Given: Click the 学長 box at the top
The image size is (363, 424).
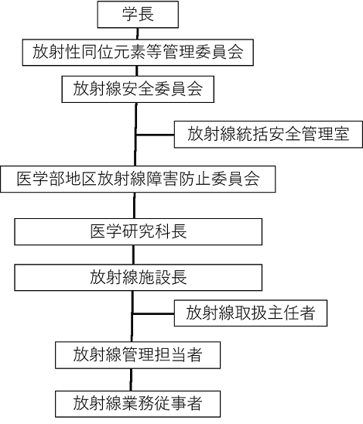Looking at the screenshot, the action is click(x=138, y=15).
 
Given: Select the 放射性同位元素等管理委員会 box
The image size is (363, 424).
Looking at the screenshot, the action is click(x=138, y=52).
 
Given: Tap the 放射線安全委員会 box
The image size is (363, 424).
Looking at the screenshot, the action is click(x=138, y=89).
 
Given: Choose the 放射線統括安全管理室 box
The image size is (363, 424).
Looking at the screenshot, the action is click(x=269, y=135).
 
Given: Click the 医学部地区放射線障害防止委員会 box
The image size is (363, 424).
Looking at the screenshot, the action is click(x=138, y=180).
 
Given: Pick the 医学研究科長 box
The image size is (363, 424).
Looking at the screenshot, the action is click(x=139, y=232).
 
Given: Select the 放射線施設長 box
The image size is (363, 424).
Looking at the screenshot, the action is click(x=139, y=278).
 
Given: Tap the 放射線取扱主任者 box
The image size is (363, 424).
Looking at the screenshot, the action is click(x=251, y=313).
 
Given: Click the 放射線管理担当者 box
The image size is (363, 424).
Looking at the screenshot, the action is click(x=138, y=355).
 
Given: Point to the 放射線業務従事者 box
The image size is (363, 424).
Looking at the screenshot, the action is click(x=138, y=404).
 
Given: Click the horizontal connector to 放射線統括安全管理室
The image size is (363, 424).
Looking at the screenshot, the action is click(x=155, y=135).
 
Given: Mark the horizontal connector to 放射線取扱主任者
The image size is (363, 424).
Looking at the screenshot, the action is click(x=153, y=313).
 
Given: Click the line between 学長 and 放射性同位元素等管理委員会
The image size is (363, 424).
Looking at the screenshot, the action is click(x=138, y=33).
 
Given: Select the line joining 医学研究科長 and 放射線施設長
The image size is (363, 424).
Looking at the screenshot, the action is click(x=133, y=255).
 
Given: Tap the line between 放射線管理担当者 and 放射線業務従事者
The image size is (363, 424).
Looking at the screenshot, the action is click(x=131, y=380).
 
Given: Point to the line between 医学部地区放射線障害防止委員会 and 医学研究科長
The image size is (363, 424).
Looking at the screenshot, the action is click(x=135, y=206).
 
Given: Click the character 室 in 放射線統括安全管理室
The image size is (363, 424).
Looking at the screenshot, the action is click(x=341, y=134).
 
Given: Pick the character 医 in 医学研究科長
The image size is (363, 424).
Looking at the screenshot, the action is click(x=98, y=231).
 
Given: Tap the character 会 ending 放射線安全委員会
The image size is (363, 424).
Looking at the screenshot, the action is click(x=195, y=89).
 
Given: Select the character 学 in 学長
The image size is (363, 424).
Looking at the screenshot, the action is click(x=130, y=14).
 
